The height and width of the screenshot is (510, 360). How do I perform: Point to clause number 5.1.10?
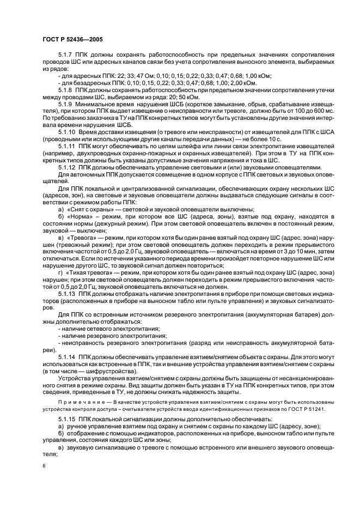[67, 128]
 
